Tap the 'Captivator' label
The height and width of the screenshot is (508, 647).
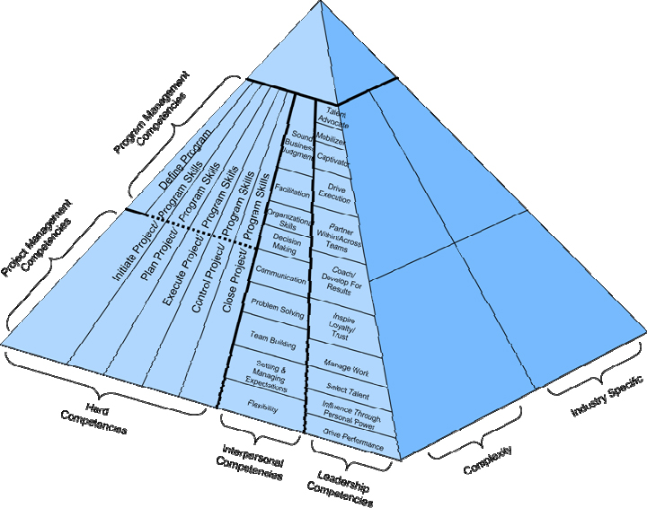333,162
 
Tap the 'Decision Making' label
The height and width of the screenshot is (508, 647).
286,245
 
